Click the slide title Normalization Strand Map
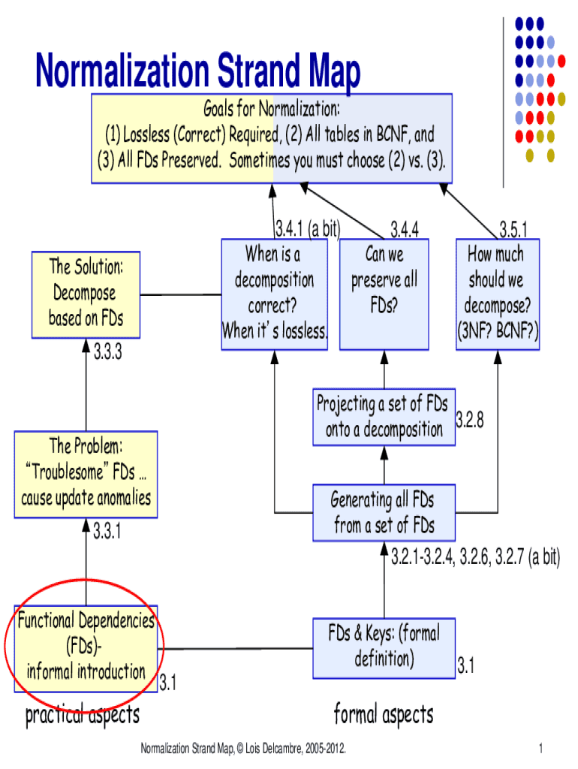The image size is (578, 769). tap(197, 73)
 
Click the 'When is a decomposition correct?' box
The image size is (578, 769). tap(275, 294)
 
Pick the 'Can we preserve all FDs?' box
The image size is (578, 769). tap(384, 294)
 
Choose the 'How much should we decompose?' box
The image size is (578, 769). tap(497, 294)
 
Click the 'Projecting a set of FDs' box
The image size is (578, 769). tap(383, 417)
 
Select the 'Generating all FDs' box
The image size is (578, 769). tap(383, 513)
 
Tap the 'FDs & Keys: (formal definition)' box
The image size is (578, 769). tap(383, 647)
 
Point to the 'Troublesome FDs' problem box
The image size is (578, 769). tap(86, 474)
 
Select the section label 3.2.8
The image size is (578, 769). tap(470, 421)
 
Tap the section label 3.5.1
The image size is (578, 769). tap(513, 228)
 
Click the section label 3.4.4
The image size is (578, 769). tap(405, 228)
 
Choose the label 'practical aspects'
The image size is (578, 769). tap(83, 715)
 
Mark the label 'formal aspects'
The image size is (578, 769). tap(384, 715)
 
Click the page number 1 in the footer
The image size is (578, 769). tap(540, 749)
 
